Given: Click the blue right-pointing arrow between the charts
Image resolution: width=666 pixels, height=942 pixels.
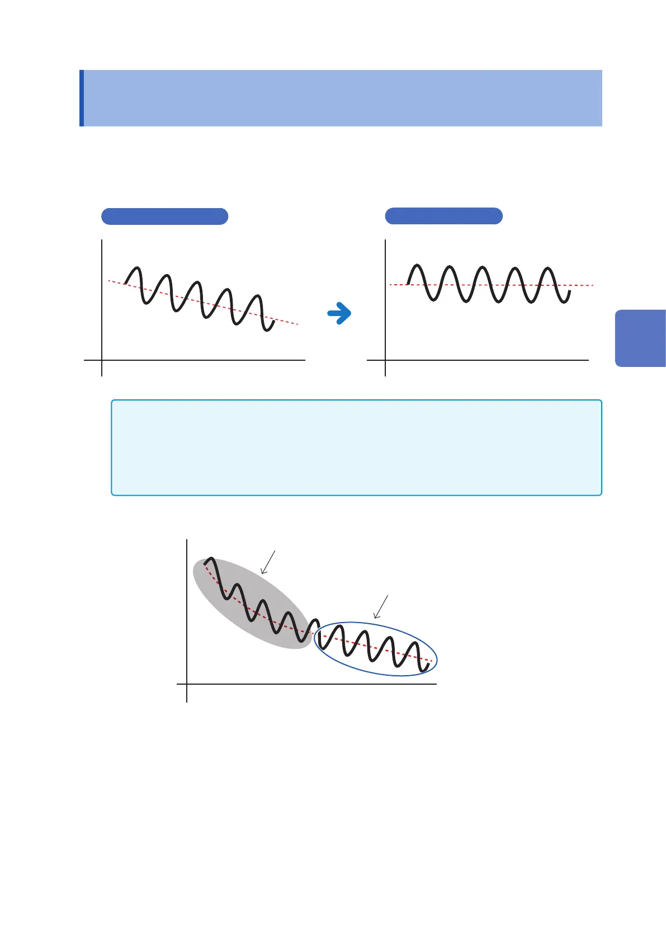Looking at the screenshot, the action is pos(339,314).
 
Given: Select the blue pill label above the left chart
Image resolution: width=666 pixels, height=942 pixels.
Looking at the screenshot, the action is pos(164,216).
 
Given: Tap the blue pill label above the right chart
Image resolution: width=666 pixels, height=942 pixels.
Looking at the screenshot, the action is pos(443,216).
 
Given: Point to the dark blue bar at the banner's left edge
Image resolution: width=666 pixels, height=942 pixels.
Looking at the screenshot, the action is pos(82,98).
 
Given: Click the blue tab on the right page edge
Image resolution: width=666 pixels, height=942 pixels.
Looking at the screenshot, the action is pos(640,338).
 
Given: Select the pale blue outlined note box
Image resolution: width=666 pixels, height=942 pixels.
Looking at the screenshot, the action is pos(356,448).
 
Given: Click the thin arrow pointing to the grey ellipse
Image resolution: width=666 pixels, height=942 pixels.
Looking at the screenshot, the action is pos(268,562).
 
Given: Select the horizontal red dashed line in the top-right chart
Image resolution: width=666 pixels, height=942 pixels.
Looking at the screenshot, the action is pos(582,285).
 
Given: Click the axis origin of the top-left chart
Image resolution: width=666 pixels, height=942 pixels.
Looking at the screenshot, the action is pos(102,360).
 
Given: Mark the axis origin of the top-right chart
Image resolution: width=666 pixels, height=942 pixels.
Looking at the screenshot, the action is pos(385,360).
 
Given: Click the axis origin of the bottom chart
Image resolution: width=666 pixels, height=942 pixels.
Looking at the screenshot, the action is pos(187,684).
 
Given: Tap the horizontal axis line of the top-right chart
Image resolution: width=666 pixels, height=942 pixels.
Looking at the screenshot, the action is pos(486,360).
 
